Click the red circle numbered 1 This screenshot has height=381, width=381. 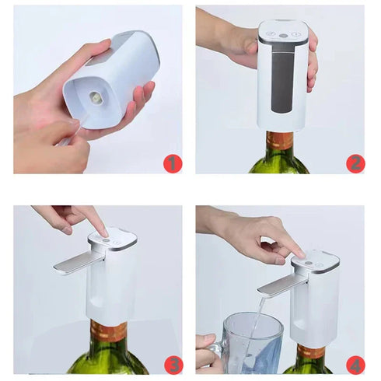point(173,163)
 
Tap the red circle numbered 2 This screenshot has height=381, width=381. point(355,163)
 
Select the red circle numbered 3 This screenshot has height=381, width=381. point(173,364)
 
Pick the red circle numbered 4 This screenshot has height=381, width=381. point(355,364)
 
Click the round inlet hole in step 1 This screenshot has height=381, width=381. point(96,97)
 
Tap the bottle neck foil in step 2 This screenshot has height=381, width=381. point(280,141)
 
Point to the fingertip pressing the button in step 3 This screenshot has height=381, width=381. point(102,230)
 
